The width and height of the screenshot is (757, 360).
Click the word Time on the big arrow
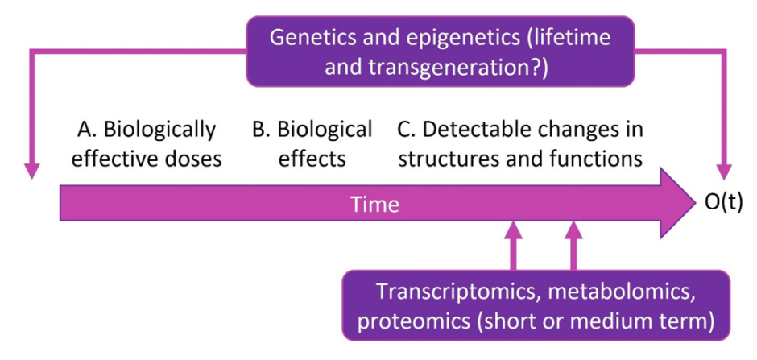(374, 205)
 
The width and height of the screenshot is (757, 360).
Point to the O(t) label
(723, 202)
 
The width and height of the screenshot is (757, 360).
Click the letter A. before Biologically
(86, 129)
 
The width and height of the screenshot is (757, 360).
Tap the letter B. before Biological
(261, 129)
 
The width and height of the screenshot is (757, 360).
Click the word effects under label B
(312, 158)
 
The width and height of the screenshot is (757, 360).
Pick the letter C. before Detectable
(407, 129)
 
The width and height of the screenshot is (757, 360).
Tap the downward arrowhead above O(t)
(724, 172)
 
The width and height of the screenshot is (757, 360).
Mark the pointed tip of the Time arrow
(695, 204)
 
